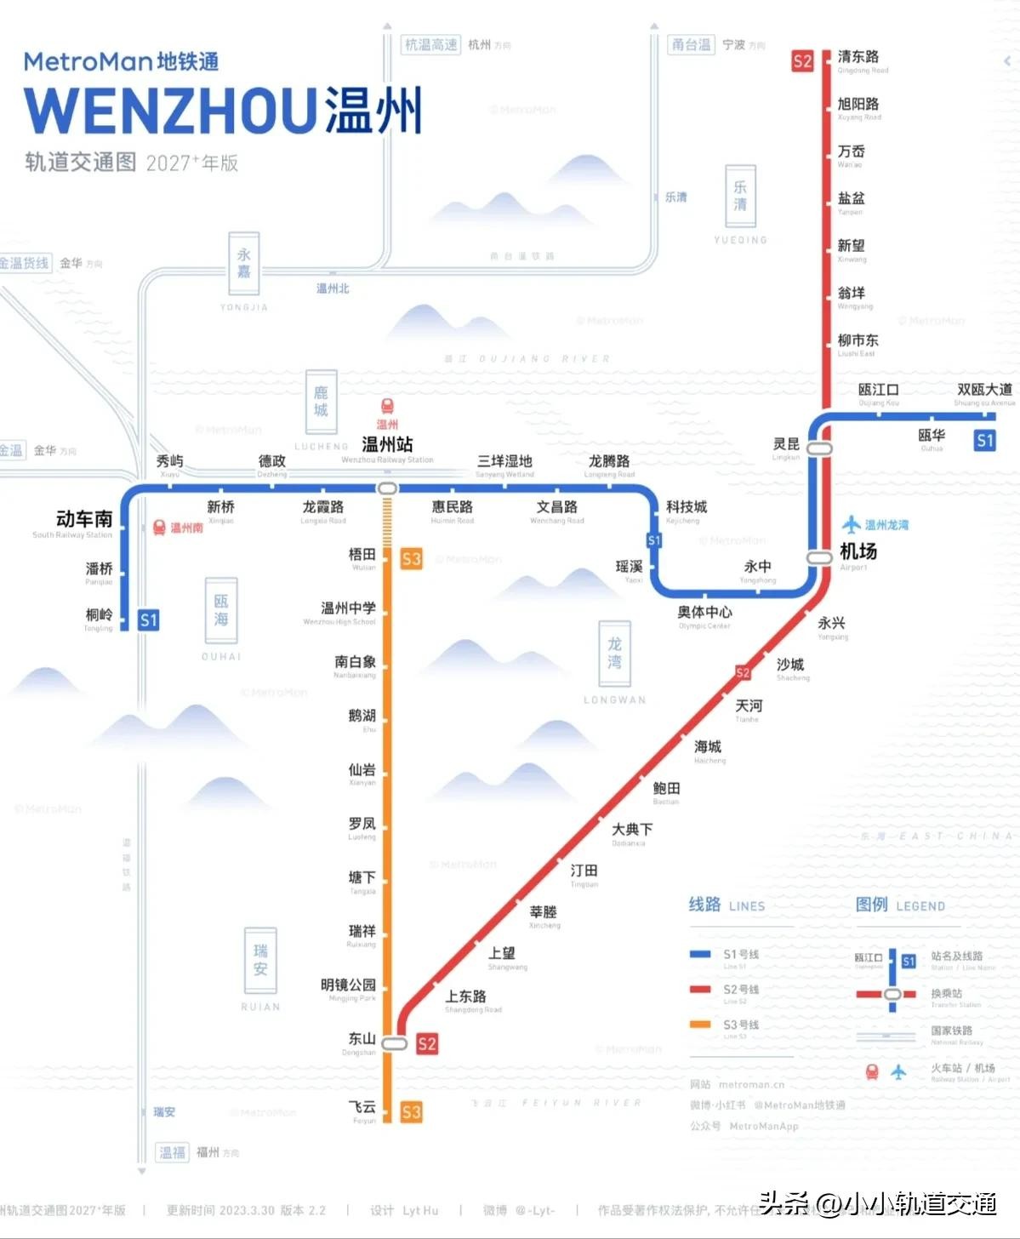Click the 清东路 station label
coord(858,57)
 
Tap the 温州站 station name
coord(387,444)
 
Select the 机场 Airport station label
coord(858,551)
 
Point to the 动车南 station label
coord(83,519)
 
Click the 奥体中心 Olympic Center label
coord(704,613)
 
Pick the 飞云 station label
coord(362,1107)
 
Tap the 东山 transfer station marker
coord(394,1043)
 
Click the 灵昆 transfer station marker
coord(819,448)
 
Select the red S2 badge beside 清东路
coord(802,61)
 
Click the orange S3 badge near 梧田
coord(412,559)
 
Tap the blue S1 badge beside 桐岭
coord(149,620)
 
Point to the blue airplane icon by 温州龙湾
coord(852,524)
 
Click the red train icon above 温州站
coord(387,407)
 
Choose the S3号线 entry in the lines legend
coord(740,1025)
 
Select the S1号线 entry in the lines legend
coord(740,955)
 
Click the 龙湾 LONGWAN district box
coord(614,653)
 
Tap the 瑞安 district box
coord(260,959)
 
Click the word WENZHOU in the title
coord(170,111)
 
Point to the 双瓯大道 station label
coord(984,390)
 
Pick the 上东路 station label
coord(466,996)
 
